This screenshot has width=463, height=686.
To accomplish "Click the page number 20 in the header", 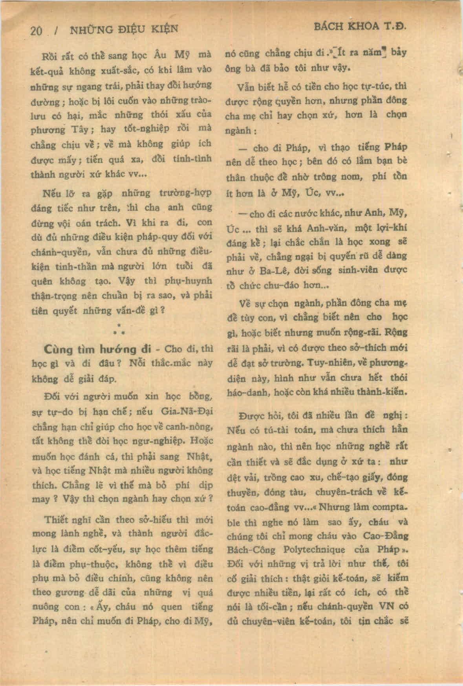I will coord(37,31).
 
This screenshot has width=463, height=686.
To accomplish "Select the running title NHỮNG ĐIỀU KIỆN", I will coord(124,29).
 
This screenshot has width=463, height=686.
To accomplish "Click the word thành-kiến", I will coord(384,392).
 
